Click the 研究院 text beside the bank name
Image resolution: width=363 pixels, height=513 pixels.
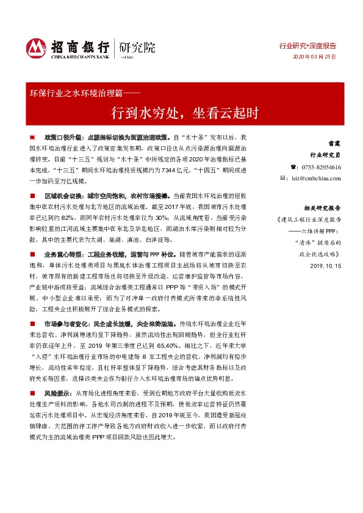tap(137, 46)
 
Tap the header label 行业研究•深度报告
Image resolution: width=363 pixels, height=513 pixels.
tap(307, 46)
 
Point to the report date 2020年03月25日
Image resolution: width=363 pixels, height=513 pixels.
tap(315, 56)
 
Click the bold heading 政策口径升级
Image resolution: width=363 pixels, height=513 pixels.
tap(60, 138)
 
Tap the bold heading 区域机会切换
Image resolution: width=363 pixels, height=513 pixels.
tap(60, 197)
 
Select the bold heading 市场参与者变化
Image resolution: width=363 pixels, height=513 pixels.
tap(64, 326)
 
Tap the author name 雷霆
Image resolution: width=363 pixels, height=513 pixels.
tap(334, 144)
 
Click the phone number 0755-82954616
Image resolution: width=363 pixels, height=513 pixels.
tap(322, 167)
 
